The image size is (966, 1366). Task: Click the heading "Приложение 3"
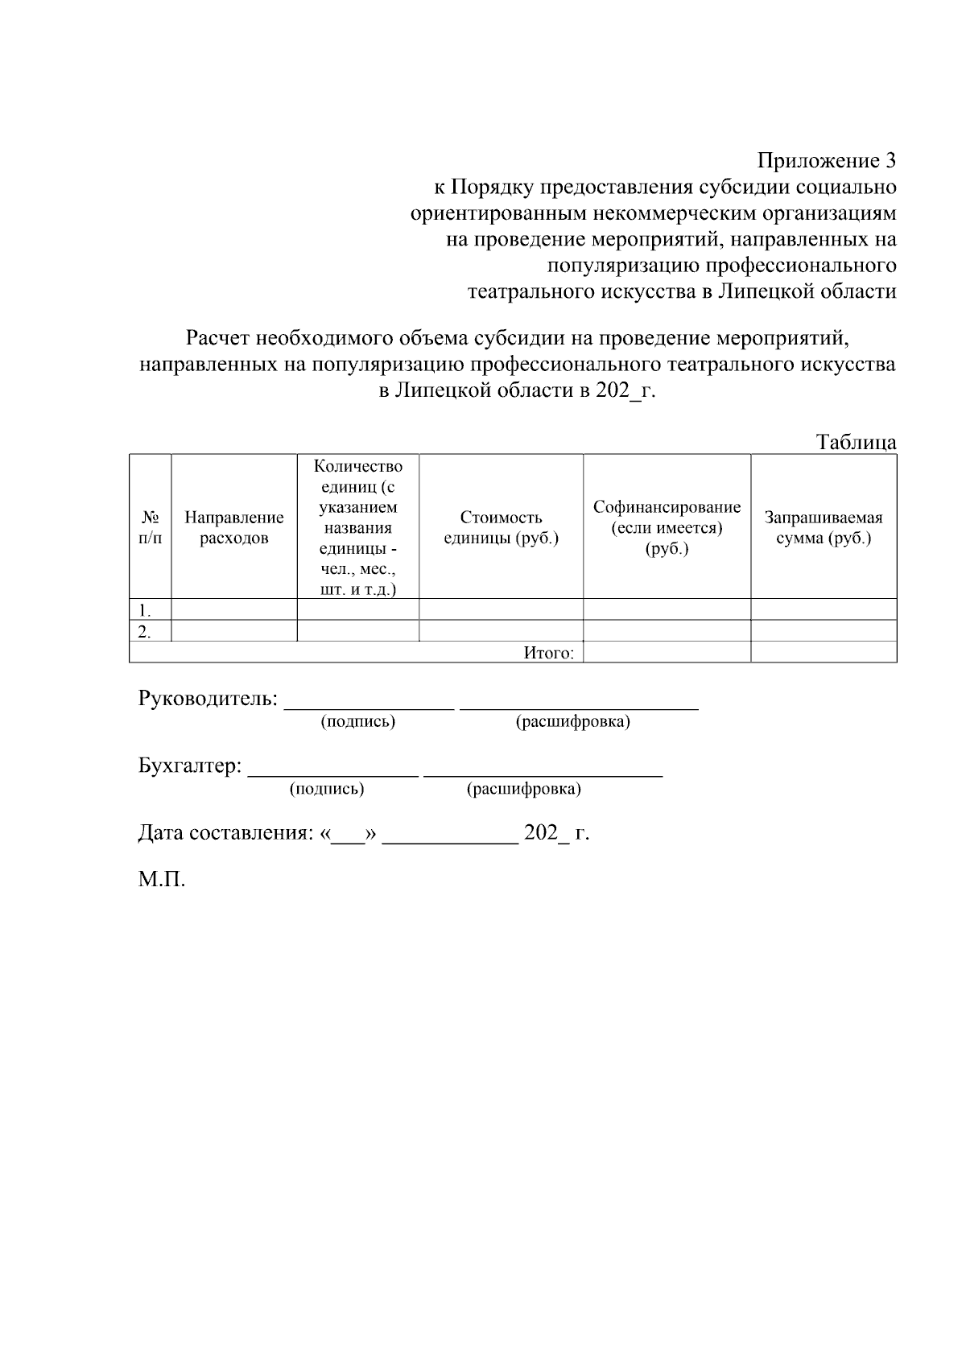[x=827, y=160]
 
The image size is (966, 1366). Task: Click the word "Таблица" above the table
[x=856, y=442]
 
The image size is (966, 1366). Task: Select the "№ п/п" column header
[x=150, y=527]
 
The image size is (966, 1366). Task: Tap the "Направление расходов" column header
[x=234, y=528]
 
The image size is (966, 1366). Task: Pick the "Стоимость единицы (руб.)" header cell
[x=501, y=527]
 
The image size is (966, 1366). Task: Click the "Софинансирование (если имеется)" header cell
[x=667, y=527]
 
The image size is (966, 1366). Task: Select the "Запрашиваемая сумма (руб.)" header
[x=823, y=527]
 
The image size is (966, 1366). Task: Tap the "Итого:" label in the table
[x=548, y=653]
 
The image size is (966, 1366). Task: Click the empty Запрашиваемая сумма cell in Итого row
[x=823, y=652]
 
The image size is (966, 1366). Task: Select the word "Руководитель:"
[x=208, y=699]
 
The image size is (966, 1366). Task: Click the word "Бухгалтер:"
[x=190, y=766]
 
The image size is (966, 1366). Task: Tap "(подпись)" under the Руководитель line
[x=358, y=721]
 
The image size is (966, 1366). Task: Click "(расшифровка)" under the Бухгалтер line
[x=523, y=789]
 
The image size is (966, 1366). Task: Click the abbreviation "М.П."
[x=161, y=879]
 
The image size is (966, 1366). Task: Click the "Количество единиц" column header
[x=358, y=527]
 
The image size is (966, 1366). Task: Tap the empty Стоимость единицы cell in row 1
[x=501, y=609]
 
